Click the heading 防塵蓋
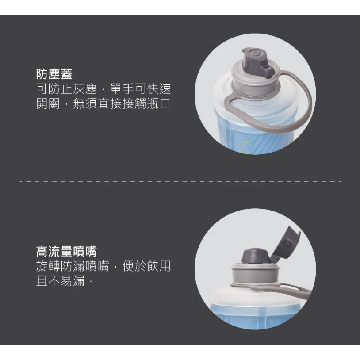tap(54, 74)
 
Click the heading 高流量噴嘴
tap(66, 251)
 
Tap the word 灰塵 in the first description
tap(85, 89)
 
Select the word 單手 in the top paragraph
tap(122, 89)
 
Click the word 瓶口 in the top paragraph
tap(159, 103)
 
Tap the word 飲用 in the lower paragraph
tap(159, 266)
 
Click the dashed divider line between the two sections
tap(180, 182)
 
